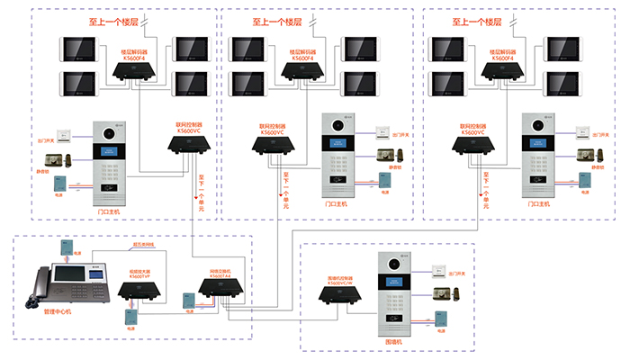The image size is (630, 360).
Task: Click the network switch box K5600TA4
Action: pos(221,287)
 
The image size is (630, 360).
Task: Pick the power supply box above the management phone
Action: pos(67,246)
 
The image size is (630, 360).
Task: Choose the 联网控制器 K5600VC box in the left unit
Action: pos(191,145)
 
